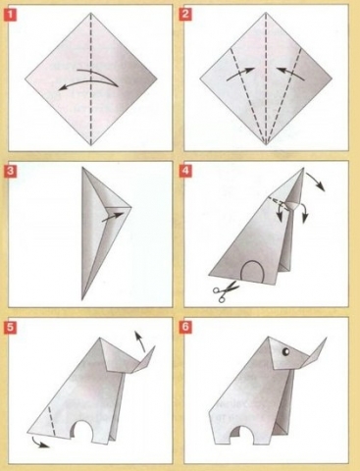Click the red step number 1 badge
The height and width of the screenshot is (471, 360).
(11, 15)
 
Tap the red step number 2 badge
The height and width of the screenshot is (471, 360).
(185, 15)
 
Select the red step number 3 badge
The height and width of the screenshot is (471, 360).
(11, 171)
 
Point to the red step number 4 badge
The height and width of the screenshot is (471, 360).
(185, 171)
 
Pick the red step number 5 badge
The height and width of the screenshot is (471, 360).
(11, 328)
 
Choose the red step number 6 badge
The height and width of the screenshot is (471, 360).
(185, 328)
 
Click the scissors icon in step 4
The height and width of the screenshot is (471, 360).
(226, 290)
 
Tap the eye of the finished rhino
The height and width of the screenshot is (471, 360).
(285, 351)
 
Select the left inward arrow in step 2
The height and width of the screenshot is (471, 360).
(240, 74)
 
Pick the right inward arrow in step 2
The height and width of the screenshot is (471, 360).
(291, 74)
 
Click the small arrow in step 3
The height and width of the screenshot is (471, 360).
(113, 217)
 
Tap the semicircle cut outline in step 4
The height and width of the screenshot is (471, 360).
(252, 262)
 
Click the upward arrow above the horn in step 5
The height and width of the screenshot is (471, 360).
(139, 341)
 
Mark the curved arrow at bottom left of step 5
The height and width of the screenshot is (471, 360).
(38, 443)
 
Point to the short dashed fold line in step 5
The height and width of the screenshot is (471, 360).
(51, 421)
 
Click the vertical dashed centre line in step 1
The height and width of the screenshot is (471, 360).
(91, 78)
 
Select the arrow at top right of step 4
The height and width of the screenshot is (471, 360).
(316, 182)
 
